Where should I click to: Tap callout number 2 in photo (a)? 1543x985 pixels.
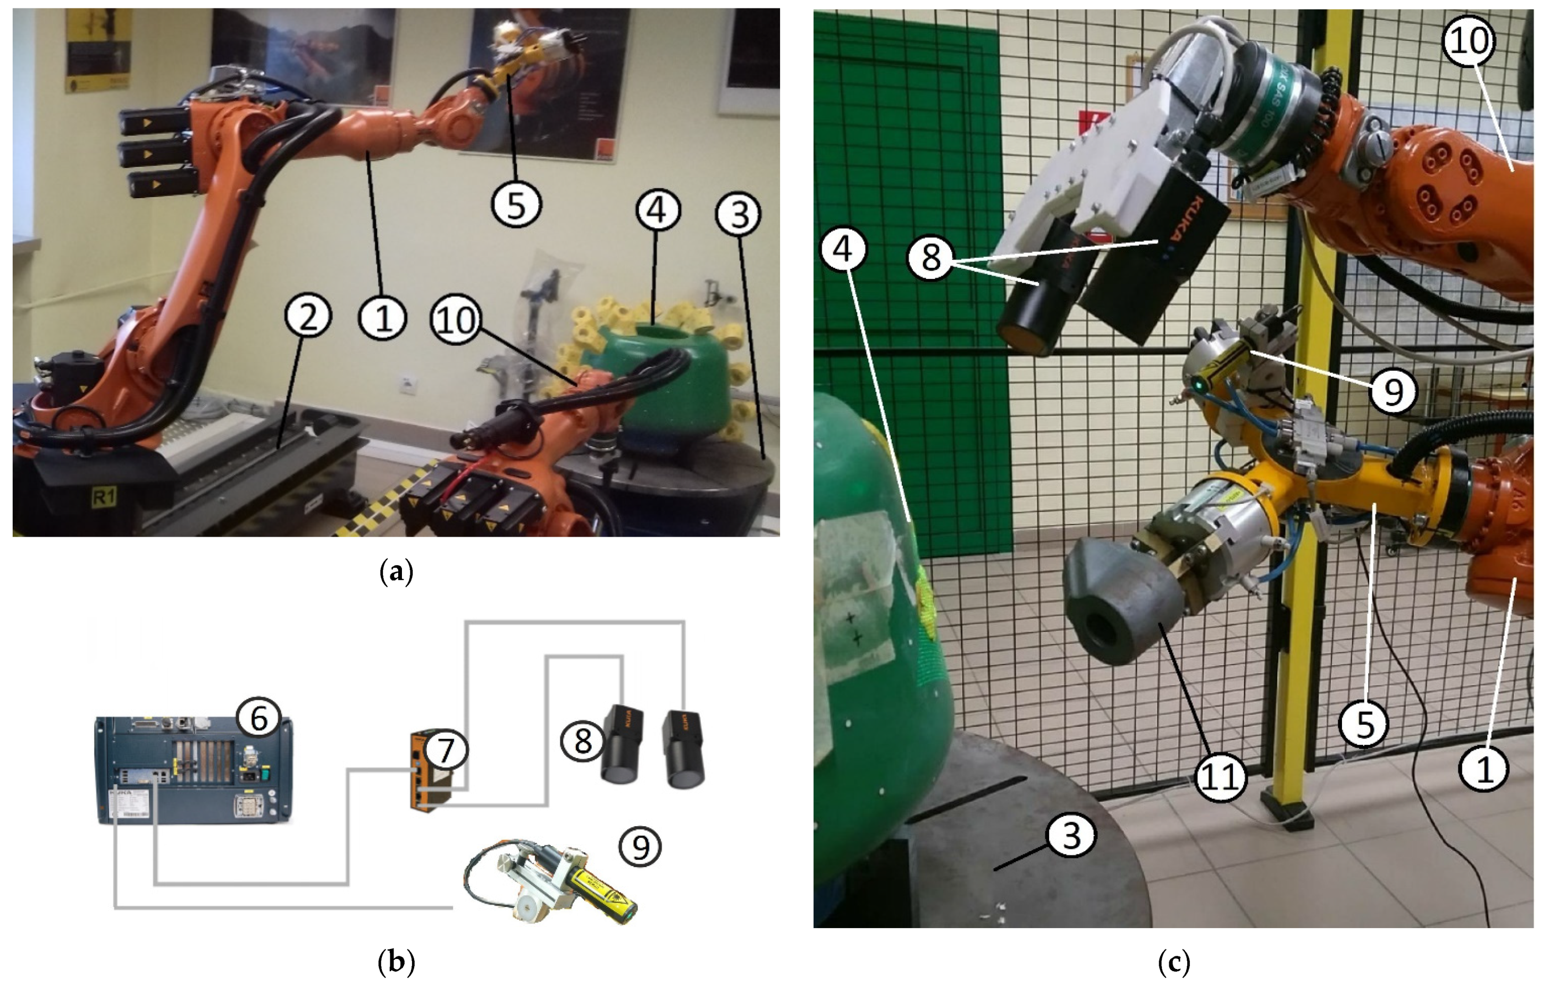308,318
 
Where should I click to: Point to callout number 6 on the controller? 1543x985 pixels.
258,719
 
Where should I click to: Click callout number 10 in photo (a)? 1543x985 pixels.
457,318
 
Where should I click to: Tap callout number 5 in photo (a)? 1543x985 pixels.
516,205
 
